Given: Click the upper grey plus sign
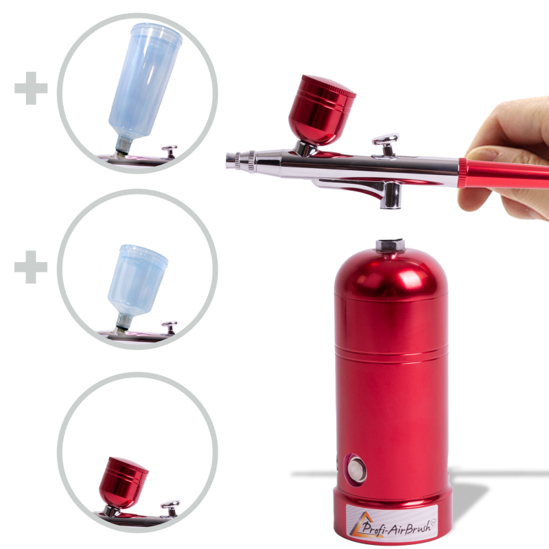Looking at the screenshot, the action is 31,89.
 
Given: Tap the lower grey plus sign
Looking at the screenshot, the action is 31,267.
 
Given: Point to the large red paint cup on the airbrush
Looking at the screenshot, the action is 321,110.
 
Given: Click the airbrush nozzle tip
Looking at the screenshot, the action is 231,161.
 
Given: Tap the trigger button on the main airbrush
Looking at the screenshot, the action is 386,144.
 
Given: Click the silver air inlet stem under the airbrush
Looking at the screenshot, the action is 390,196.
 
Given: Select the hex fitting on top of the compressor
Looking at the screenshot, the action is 390,245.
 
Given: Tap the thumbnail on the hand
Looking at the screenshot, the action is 481,153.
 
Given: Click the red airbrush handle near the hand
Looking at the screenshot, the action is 503,174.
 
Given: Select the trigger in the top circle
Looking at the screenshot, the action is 170,152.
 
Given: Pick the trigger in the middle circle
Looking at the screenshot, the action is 170,328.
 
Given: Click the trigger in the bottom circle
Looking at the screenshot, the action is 170,508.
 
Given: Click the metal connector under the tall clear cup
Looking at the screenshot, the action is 123,145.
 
